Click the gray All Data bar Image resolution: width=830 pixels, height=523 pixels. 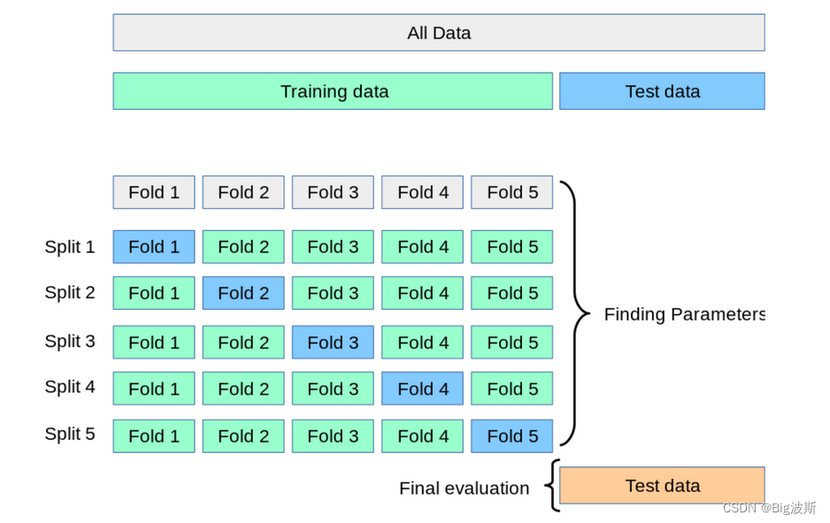[x=439, y=33]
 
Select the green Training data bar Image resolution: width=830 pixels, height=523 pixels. [x=333, y=91]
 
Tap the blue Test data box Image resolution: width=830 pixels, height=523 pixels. [x=662, y=91]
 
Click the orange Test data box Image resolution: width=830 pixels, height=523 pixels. [x=662, y=486]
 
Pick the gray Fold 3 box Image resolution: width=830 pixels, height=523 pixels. [x=333, y=192]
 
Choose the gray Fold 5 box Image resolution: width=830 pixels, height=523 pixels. [x=511, y=192]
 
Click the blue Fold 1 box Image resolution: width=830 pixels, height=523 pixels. [x=154, y=247]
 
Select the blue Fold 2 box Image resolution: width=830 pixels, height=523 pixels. [x=243, y=293]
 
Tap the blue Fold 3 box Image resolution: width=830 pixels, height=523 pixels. [x=333, y=342]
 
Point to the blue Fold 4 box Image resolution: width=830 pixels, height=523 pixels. [x=422, y=388]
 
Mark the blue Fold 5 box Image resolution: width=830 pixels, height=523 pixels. [x=511, y=436]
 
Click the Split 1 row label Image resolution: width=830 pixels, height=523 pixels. [x=70, y=247]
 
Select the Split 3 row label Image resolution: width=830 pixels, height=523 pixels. [x=70, y=342]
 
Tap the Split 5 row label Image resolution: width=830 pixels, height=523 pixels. [x=70, y=435]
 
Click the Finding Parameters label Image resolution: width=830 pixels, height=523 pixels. [x=684, y=314]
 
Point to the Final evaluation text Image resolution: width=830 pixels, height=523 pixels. [x=465, y=488]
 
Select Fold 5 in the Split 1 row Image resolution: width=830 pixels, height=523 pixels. [x=511, y=247]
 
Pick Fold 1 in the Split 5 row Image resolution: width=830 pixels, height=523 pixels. [x=154, y=436]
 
